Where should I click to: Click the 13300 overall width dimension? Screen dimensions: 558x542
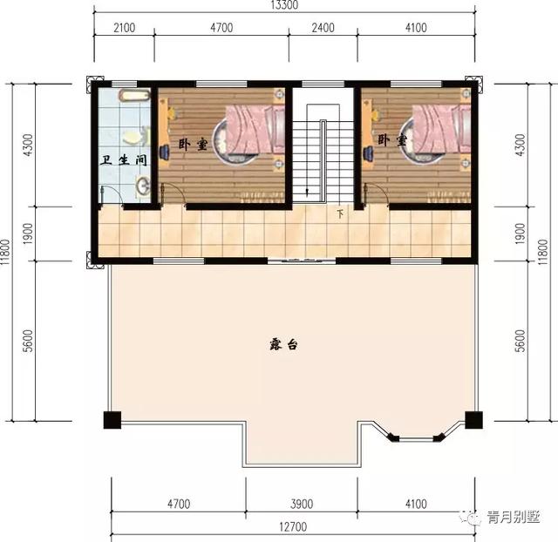(x=284, y=4)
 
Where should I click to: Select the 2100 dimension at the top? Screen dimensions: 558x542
(x=124, y=28)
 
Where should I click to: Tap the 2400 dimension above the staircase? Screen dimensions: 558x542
(x=323, y=28)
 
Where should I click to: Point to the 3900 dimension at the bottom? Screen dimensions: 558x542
(x=302, y=504)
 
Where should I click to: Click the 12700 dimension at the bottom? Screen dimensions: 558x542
(x=293, y=526)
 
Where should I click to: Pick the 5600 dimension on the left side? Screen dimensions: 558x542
(x=28, y=341)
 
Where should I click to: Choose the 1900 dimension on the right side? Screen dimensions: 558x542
(x=520, y=234)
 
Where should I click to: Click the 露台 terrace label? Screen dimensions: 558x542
(x=282, y=344)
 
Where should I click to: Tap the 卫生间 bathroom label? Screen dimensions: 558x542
(x=123, y=160)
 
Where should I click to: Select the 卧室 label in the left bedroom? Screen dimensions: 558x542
(x=193, y=144)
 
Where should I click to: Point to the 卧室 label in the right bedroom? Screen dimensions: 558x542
(x=391, y=139)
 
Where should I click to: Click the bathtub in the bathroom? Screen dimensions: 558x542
(x=135, y=95)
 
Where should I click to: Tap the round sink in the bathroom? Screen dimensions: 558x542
(x=143, y=186)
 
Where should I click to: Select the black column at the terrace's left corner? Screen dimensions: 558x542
(x=112, y=420)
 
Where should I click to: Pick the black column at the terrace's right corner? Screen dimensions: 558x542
(x=474, y=420)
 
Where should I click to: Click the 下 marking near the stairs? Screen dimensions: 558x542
(x=341, y=213)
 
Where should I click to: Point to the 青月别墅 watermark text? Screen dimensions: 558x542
(x=513, y=517)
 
